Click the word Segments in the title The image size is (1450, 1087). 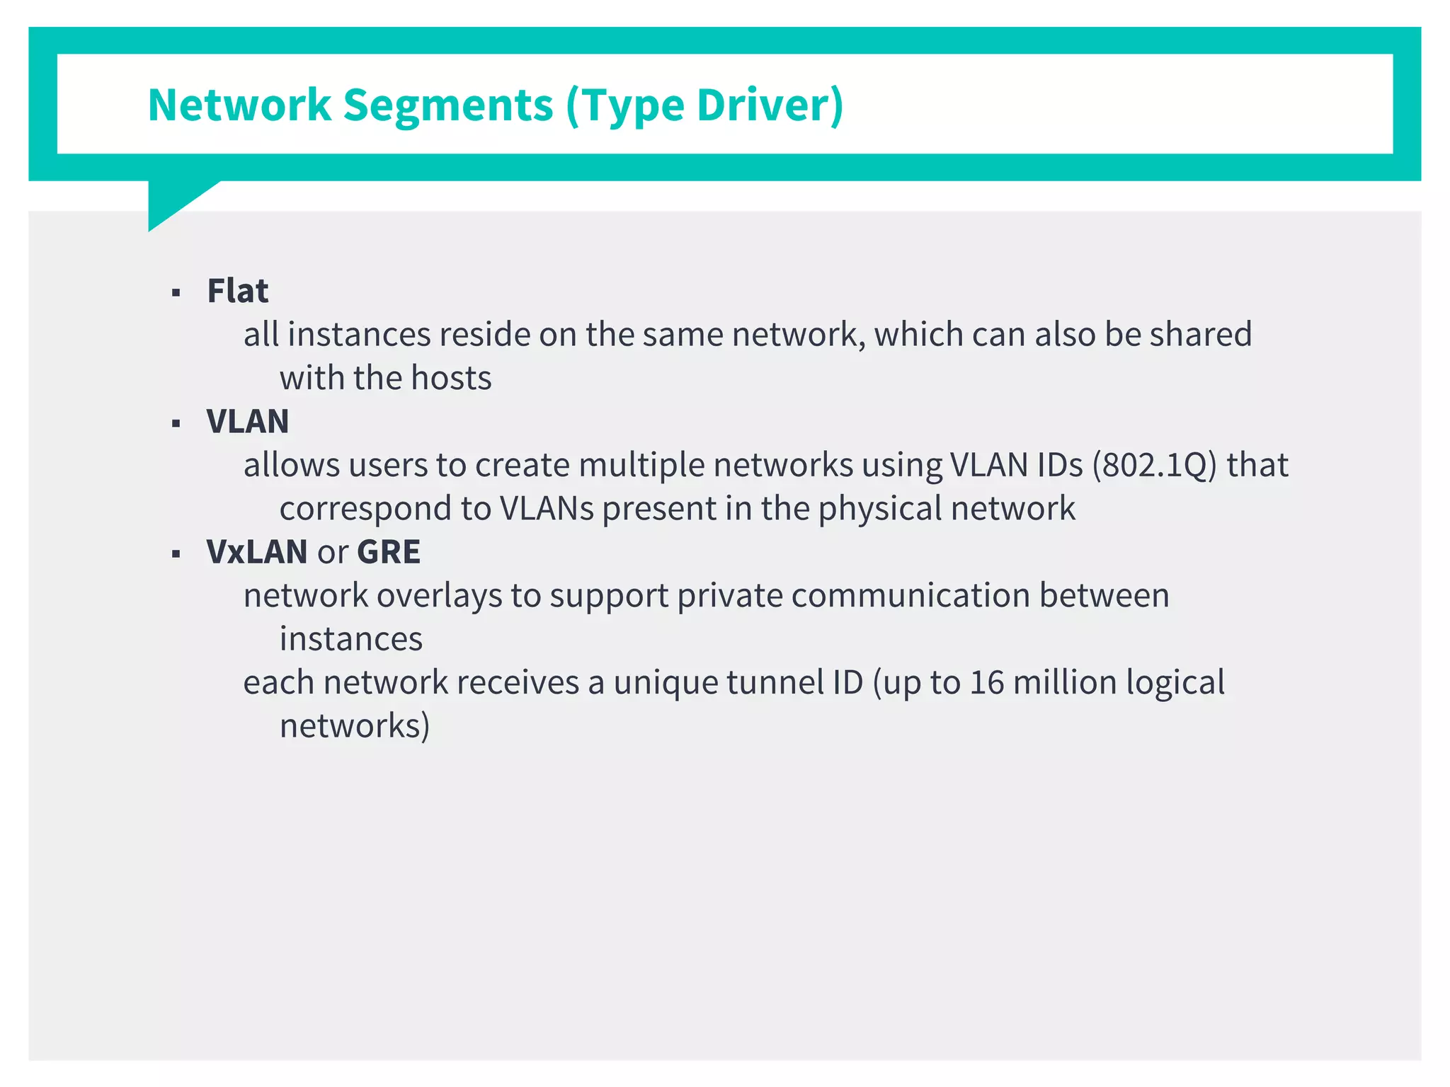pyautogui.click(x=447, y=105)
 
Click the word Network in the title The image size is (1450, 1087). pyautogui.click(x=239, y=105)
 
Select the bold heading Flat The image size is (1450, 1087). pyautogui.click(x=237, y=291)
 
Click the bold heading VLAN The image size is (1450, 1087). pyautogui.click(x=247, y=422)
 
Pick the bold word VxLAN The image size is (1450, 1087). pyautogui.click(x=256, y=552)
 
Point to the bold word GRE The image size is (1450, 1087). pyautogui.click(x=389, y=552)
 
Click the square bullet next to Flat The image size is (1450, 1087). pyautogui.click(x=176, y=293)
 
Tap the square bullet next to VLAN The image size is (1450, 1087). pyautogui.click(x=176, y=424)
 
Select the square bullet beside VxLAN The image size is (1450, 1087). pyautogui.click(x=176, y=554)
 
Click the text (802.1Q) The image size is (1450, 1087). pyautogui.click(x=1154, y=466)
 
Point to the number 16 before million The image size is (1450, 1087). pyautogui.click(x=986, y=683)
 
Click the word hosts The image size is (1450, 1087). pyautogui.click(x=451, y=379)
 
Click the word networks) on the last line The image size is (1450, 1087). pyautogui.click(x=354, y=726)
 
